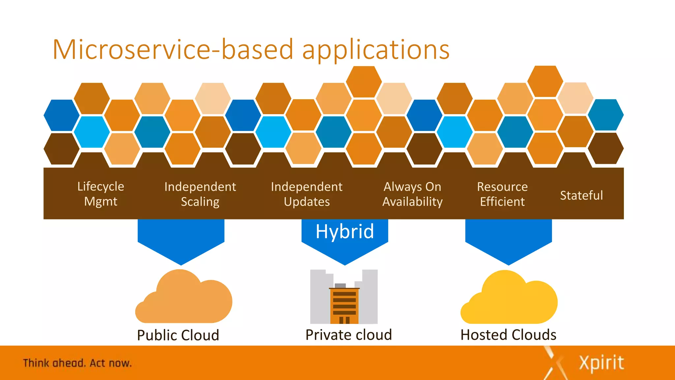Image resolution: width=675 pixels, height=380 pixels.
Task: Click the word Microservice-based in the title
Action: tap(173, 49)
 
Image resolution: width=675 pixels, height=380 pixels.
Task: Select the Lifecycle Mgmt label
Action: tap(101, 194)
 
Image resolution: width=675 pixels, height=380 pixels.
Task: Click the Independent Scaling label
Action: tap(200, 194)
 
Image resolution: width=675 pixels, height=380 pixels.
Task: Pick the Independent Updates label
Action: tap(307, 194)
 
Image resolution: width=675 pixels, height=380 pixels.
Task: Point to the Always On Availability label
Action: tap(412, 194)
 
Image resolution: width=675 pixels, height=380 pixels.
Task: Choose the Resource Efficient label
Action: tap(502, 194)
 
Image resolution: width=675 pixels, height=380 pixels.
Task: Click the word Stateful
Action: tap(581, 195)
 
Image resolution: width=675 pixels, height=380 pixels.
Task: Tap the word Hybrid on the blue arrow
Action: tap(345, 231)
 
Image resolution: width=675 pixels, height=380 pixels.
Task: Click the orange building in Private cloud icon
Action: tap(344, 305)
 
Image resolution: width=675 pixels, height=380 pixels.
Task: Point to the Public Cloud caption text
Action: tap(178, 335)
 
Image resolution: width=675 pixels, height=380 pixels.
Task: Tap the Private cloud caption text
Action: tap(349, 335)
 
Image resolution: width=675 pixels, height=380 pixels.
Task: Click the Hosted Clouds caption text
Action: tap(508, 335)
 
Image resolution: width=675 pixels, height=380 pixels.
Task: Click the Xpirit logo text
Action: tap(601, 363)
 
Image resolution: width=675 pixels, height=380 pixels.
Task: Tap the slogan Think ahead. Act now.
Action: tap(77, 363)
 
